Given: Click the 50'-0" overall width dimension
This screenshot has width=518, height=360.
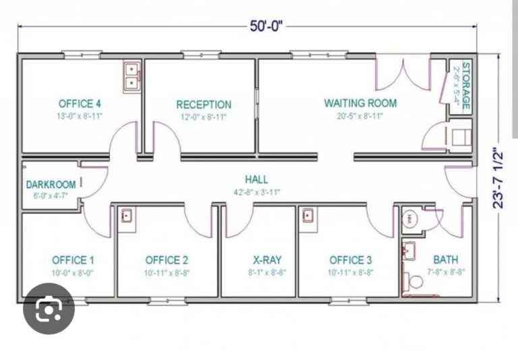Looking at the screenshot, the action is click(x=266, y=26).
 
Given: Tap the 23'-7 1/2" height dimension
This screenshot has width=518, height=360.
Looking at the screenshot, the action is click(x=498, y=179).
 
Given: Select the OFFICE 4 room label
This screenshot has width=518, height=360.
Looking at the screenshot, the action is click(x=80, y=104).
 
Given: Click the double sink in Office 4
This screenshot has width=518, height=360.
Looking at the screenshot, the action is click(x=132, y=77).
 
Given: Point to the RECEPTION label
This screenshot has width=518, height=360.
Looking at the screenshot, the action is click(x=204, y=104).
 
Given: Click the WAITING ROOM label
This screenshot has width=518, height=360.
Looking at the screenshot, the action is click(x=360, y=103).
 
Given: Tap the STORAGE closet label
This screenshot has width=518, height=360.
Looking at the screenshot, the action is click(x=465, y=86).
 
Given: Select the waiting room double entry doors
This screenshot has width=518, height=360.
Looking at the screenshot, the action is click(x=403, y=74).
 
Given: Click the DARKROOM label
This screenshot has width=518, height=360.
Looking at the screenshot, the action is click(x=51, y=185).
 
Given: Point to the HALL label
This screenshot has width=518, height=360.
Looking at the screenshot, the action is click(x=256, y=180).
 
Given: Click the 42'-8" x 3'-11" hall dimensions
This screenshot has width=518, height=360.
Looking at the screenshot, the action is click(x=257, y=192).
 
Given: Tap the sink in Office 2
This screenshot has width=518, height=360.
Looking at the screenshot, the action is click(x=127, y=215).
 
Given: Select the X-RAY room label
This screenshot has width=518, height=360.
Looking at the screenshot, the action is click(x=267, y=260).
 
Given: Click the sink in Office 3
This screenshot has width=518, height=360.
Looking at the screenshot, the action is click(x=308, y=215).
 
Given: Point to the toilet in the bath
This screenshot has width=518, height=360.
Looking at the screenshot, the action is click(x=413, y=280).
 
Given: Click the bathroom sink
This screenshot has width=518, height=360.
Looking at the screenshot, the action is click(x=409, y=250).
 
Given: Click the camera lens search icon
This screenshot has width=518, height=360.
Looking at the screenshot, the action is click(x=49, y=308).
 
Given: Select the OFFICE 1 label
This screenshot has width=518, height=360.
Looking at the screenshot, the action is click(x=73, y=260).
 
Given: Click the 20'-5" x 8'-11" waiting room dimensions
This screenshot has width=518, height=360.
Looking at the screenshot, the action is click(x=359, y=116).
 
